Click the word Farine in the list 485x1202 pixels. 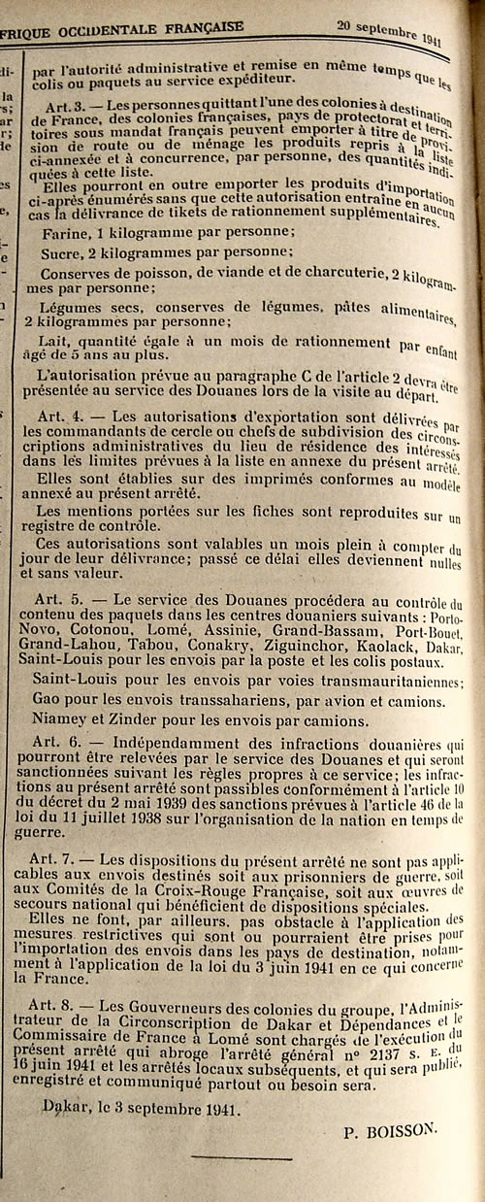pyautogui.click(x=65, y=233)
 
